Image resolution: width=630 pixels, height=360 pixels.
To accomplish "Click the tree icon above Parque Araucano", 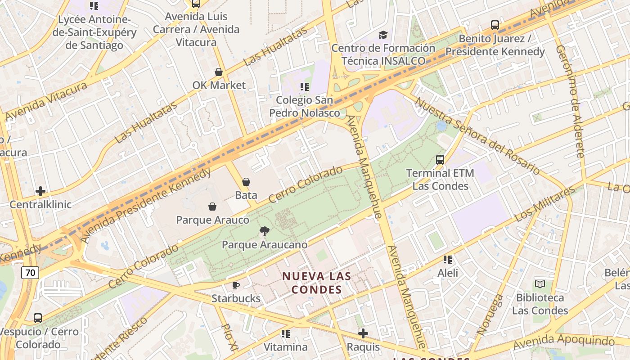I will tap(265, 231).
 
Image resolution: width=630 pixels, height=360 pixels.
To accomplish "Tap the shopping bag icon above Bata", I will tap(246, 182).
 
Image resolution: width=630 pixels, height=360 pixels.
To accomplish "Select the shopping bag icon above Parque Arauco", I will tap(212, 207).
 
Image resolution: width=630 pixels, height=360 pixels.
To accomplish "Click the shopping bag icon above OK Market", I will tap(219, 72).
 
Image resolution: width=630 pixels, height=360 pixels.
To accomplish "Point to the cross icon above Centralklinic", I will tap(40, 191).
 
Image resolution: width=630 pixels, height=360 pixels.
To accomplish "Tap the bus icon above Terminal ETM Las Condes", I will tap(440, 160).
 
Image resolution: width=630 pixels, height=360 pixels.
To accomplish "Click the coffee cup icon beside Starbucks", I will tap(235, 285).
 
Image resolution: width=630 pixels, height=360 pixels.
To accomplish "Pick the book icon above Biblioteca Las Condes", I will tap(540, 284).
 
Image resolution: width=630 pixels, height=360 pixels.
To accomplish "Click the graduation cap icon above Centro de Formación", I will tap(383, 35).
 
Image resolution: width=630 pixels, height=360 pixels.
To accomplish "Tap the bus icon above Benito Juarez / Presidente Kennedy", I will tap(495, 25).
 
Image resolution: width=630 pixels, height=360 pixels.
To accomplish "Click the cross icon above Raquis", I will tap(363, 333).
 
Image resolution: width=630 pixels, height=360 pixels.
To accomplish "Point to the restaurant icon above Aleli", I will tap(448, 259).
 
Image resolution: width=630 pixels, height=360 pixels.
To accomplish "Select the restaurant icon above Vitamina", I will tap(286, 333).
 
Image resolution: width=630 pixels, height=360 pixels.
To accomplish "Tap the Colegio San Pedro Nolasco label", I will tap(305, 106).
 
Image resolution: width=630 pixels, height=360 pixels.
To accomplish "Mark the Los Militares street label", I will tap(544, 204).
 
